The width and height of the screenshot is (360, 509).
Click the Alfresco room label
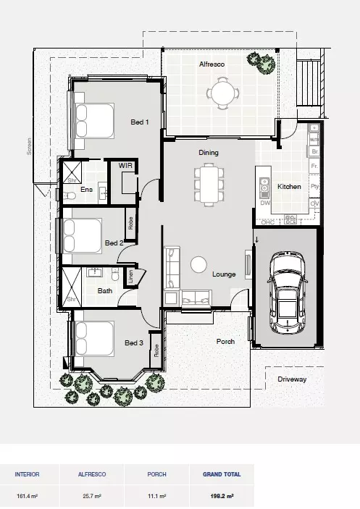(212, 64)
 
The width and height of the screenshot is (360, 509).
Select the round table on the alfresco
(221, 93)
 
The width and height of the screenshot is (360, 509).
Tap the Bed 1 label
(139, 122)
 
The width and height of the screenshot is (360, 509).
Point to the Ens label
(87, 190)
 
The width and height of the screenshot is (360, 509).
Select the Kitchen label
(289, 187)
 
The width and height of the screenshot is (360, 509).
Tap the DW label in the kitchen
(265, 203)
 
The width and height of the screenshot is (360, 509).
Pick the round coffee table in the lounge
(198, 264)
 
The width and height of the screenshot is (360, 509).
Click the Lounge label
(223, 274)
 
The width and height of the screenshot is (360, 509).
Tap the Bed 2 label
(114, 243)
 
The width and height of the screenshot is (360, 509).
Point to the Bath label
(105, 291)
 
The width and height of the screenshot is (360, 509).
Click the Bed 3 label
(133, 342)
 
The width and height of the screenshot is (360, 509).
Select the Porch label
(225, 341)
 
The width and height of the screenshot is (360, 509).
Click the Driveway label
(292, 379)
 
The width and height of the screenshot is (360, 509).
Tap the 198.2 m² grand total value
(222, 497)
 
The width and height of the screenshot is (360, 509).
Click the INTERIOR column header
(27, 474)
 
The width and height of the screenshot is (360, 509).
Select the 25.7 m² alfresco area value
(91, 497)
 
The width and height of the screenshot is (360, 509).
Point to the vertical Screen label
(30, 148)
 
